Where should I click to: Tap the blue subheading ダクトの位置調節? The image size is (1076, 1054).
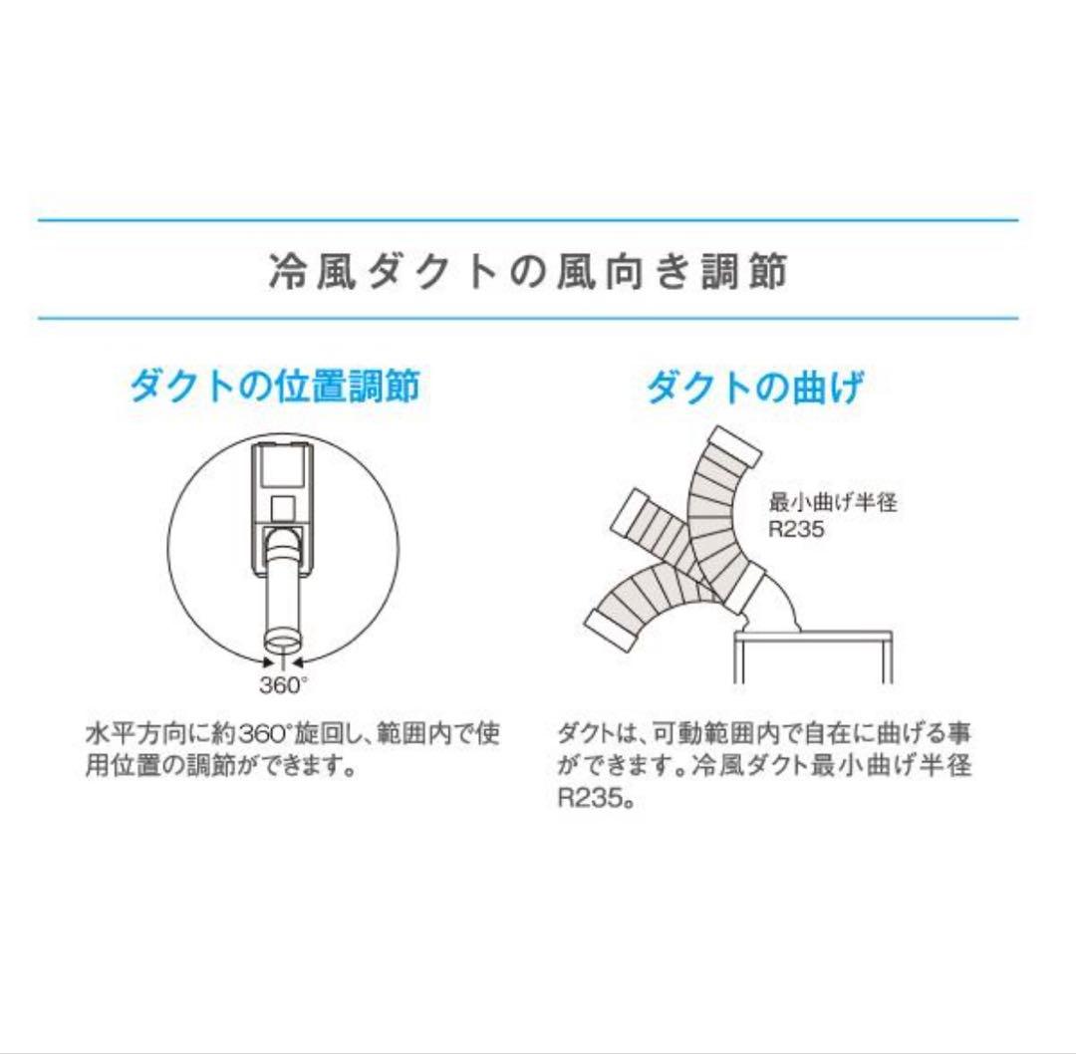(274, 387)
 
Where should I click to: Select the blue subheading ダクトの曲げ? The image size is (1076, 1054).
(754, 387)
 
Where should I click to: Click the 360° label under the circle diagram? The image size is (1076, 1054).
(284, 684)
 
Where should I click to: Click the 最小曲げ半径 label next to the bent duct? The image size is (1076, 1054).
(833, 502)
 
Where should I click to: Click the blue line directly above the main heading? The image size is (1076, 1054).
(527, 219)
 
